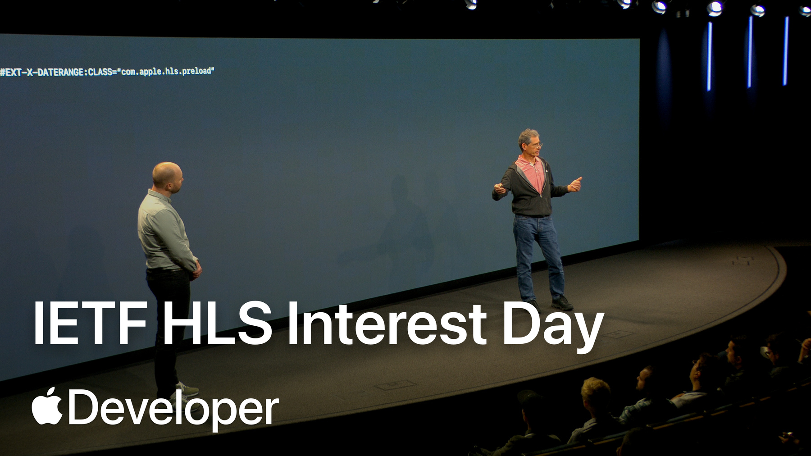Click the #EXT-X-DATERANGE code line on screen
click(x=107, y=72)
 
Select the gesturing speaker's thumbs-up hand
click(x=575, y=183)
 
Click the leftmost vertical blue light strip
click(x=709, y=56)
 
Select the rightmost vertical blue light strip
click(x=786, y=51)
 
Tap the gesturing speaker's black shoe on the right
click(x=562, y=303)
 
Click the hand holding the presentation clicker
click(x=500, y=188)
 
